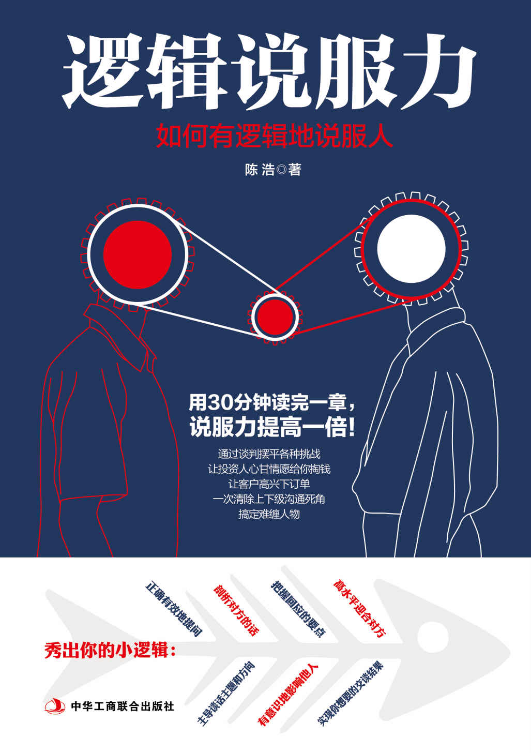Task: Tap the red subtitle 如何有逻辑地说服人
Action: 275,136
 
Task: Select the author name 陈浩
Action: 259,170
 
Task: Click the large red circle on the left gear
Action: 138,254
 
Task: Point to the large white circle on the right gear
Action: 411,249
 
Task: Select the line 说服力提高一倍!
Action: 272,428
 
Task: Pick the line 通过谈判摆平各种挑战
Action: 269,454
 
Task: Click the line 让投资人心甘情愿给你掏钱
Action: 269,469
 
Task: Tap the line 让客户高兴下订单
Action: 269,484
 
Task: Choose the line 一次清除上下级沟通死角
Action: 269,499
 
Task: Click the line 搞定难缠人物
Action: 269,514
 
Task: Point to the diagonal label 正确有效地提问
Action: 173,609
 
